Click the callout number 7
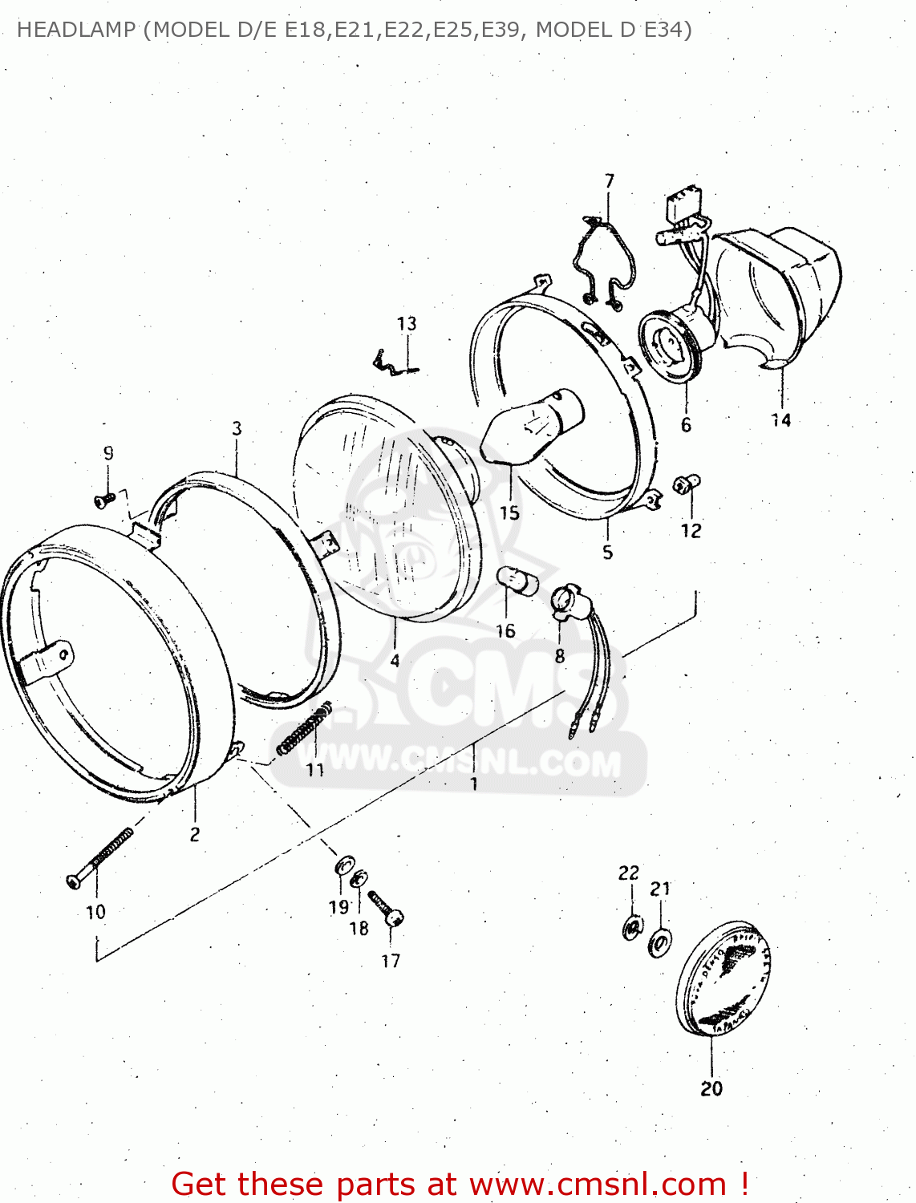point(610,181)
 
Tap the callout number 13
point(407,323)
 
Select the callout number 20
point(711,1088)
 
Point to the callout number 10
point(95,912)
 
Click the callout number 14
point(781,419)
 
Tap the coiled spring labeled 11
point(305,728)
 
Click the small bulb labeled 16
point(517,581)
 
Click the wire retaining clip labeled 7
point(602,261)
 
